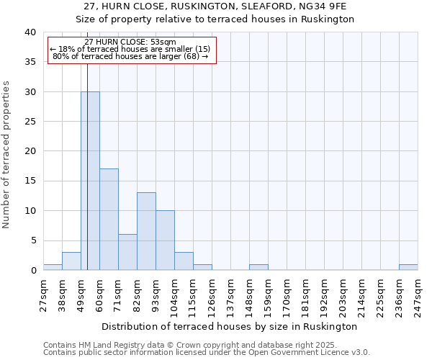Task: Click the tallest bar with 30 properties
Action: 90,181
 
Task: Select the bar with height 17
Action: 109,220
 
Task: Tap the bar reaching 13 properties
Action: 146,231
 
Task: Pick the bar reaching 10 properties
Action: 165,240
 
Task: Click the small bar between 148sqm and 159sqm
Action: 258,267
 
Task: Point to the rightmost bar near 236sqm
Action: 408,267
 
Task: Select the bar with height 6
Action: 127,252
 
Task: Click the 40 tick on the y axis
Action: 30,32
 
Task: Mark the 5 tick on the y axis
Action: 32,240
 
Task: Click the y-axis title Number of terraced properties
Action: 7,154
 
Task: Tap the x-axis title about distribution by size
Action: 230,326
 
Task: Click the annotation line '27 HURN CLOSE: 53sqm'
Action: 130,42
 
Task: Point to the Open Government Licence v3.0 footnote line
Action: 207,353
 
